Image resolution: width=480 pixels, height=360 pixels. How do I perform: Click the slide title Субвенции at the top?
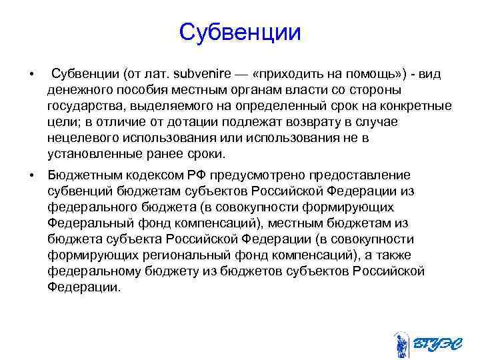240,32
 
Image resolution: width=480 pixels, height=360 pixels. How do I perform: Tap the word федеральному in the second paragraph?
87,271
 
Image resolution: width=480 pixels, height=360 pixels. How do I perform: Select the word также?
391,255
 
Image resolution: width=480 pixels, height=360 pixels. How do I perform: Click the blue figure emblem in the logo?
401,344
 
